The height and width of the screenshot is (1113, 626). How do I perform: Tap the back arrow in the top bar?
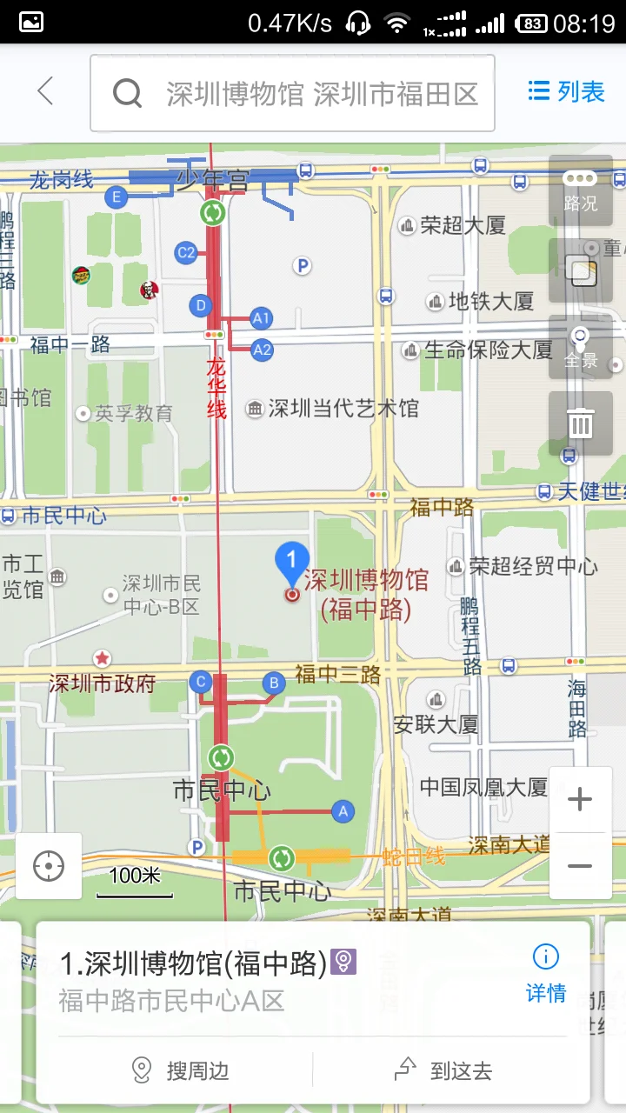point(45,91)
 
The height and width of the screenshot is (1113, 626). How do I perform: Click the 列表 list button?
point(566,91)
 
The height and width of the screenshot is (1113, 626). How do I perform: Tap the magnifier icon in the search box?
point(127,93)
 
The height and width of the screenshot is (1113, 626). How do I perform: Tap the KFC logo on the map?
point(150,290)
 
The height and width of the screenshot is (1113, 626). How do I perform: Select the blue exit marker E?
point(116,197)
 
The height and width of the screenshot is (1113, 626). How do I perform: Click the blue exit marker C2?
point(185,253)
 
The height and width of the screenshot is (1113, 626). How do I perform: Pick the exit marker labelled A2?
point(262,350)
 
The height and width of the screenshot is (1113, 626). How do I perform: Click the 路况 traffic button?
point(580,190)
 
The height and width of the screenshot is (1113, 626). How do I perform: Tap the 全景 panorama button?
point(580,346)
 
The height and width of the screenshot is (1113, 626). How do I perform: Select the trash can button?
point(580,423)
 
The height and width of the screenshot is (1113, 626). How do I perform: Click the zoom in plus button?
point(580,799)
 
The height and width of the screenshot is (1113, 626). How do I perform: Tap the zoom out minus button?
point(580,866)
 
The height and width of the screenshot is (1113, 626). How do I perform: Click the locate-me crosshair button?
point(49,866)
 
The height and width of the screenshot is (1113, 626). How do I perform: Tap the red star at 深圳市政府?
point(103,658)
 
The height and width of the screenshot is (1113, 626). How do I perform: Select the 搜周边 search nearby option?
point(181,1070)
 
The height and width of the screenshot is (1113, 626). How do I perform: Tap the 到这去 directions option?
point(444,1070)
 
